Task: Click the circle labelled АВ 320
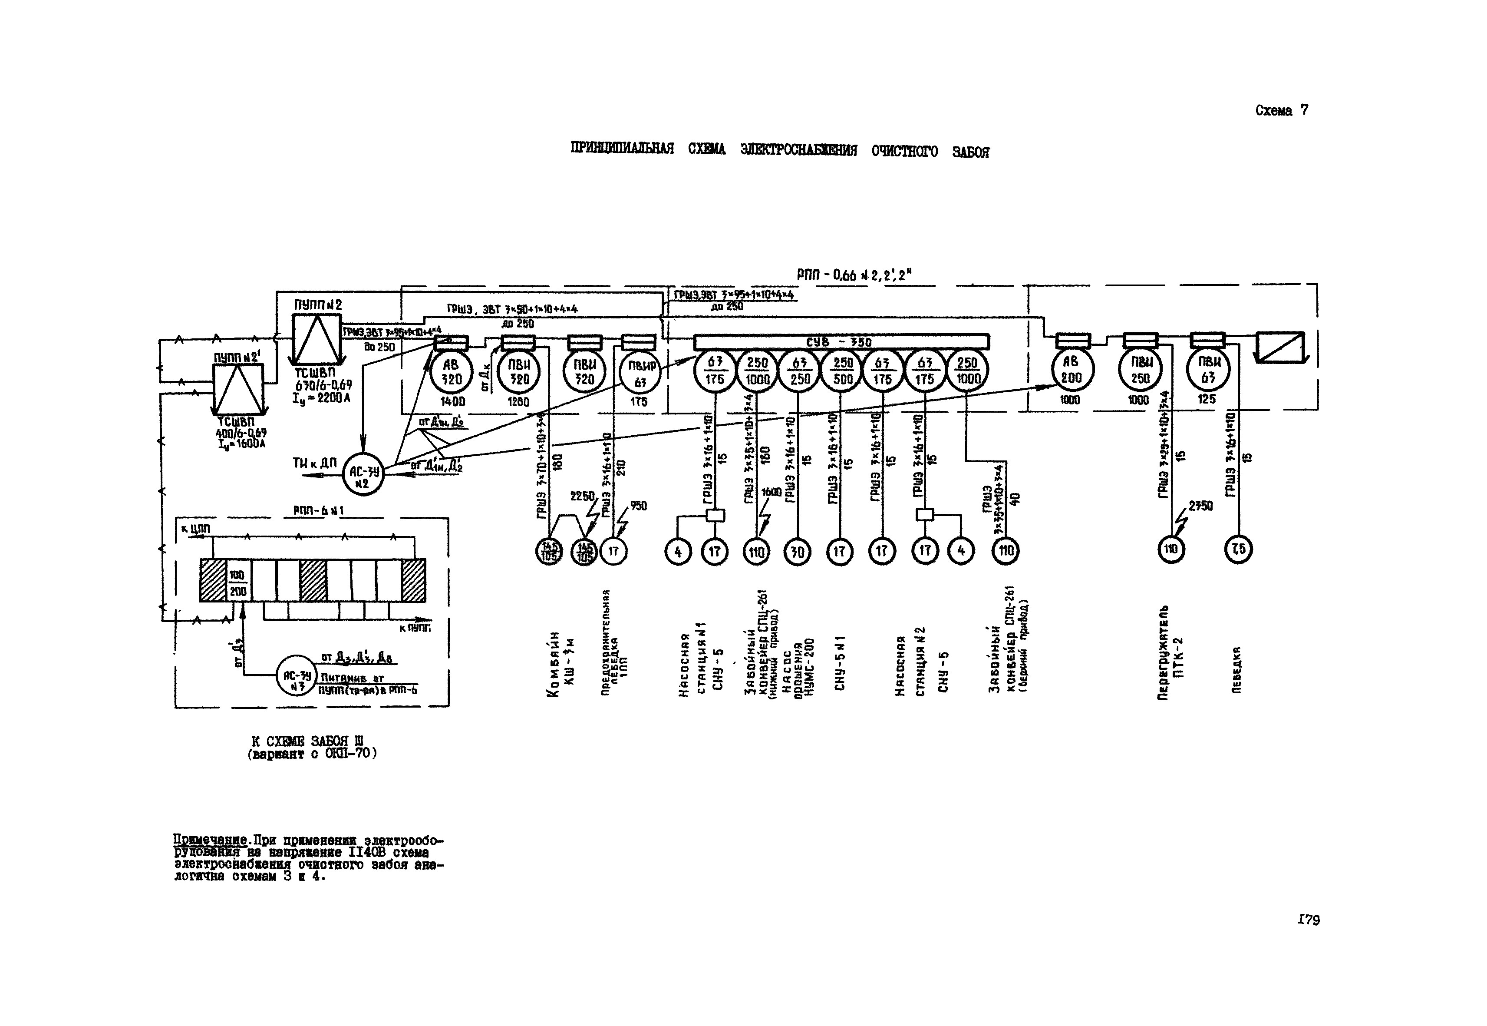[452, 372]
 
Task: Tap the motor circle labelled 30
[798, 552]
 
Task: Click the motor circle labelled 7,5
[1238, 549]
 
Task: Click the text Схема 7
[1281, 111]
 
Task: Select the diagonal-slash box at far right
[1280, 347]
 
